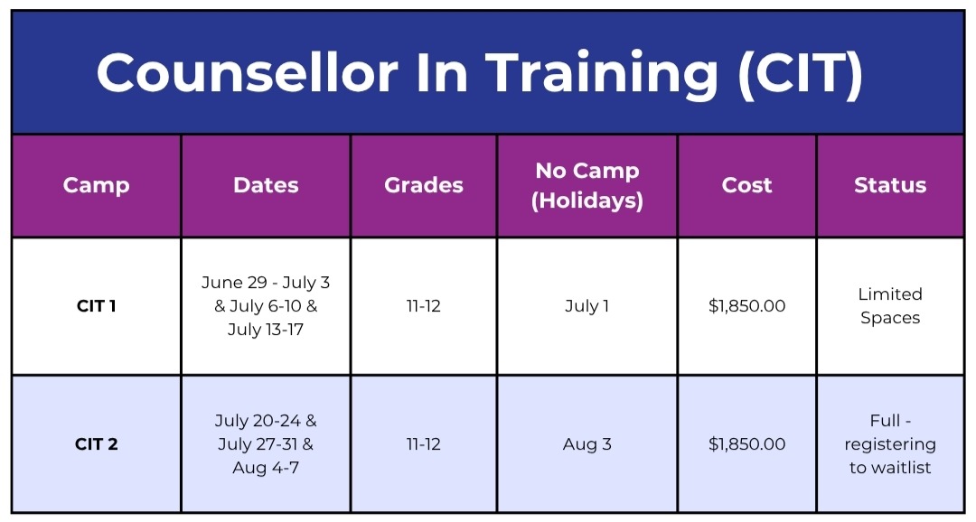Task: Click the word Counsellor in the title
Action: click(247, 73)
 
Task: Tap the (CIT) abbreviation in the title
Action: click(801, 74)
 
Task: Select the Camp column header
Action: click(97, 185)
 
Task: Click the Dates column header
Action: click(266, 185)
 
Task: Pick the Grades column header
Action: click(424, 185)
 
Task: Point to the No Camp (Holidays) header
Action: click(587, 185)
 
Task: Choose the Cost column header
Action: click(747, 185)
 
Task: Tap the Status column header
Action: click(890, 185)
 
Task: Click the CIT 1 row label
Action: click(97, 306)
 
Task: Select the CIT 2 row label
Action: click(97, 444)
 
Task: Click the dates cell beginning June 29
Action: click(266, 306)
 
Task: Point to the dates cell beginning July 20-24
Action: click(266, 444)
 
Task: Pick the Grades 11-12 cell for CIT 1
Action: click(424, 306)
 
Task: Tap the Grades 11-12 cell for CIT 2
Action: click(424, 444)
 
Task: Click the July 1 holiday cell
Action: click(587, 306)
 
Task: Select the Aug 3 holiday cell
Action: click(587, 444)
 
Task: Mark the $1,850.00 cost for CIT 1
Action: click(747, 306)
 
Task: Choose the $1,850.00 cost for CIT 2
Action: click(747, 444)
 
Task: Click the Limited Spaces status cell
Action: click(890, 306)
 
